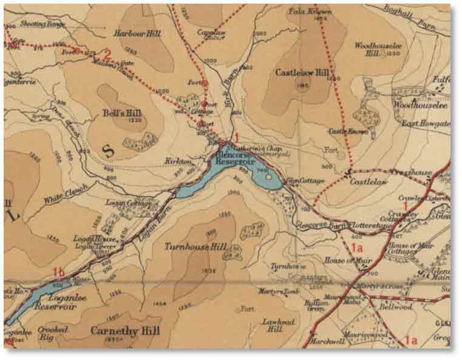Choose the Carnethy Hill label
[124, 331]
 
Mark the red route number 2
[107, 53]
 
